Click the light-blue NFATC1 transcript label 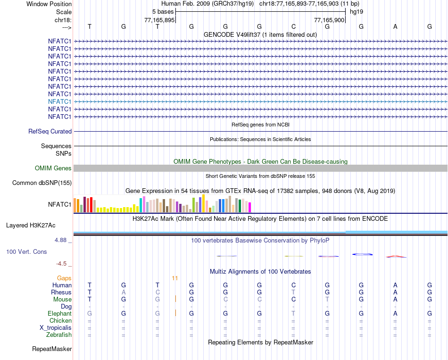(59, 101)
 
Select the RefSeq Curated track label (50, 132)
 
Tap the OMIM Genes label (53, 168)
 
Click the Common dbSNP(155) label (42, 183)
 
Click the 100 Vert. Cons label (26, 252)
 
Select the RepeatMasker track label (52, 349)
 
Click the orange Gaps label (64, 278)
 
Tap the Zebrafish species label (59, 335)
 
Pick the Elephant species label (59, 314)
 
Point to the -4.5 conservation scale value (64, 264)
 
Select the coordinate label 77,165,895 (159, 20)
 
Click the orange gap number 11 (175, 278)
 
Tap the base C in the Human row (293, 285)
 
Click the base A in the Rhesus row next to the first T (124, 293)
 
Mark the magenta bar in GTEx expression (249, 207)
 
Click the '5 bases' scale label (163, 11)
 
